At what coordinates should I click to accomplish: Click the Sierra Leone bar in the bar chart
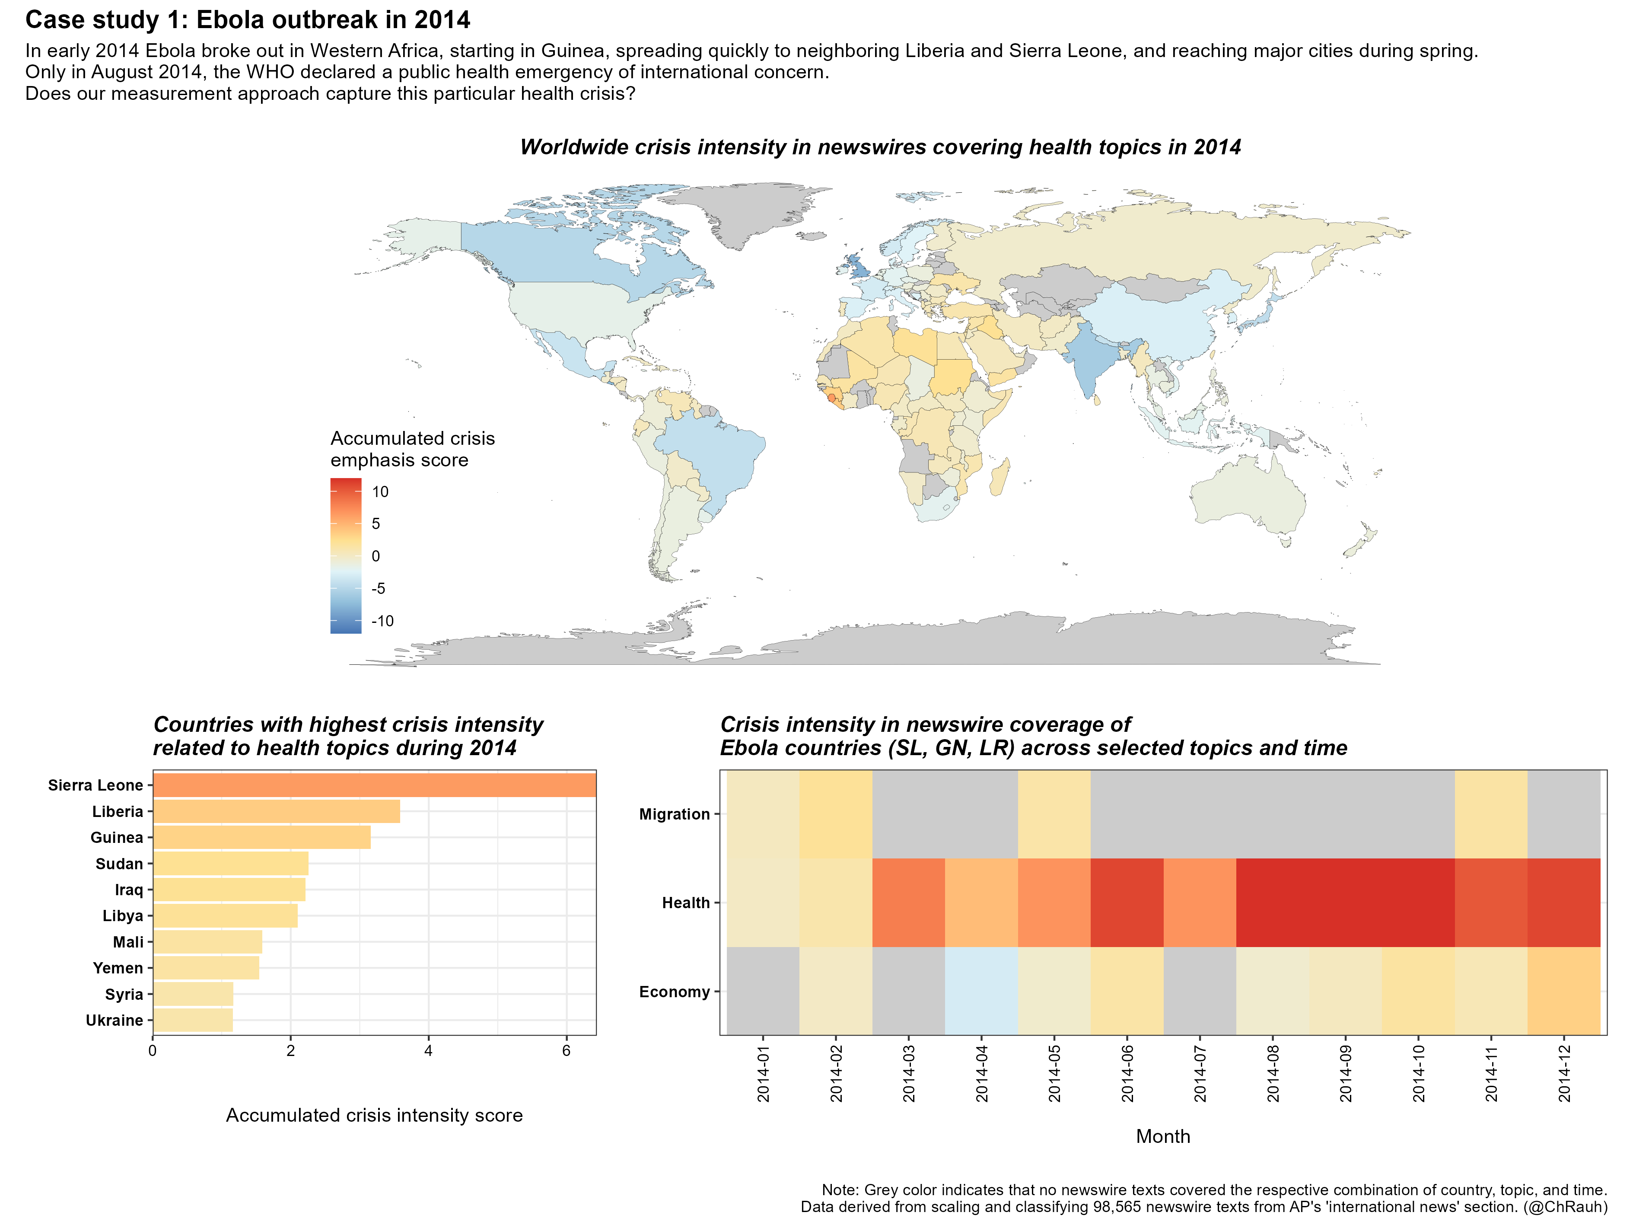pyautogui.click(x=374, y=785)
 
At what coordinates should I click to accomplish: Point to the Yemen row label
pyautogui.click(x=118, y=968)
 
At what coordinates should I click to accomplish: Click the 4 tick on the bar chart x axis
pyautogui.click(x=428, y=1051)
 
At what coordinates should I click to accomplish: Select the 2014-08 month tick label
pyautogui.click(x=1273, y=1075)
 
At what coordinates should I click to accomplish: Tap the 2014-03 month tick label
pyautogui.click(x=909, y=1075)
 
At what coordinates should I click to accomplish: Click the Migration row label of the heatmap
pyautogui.click(x=674, y=814)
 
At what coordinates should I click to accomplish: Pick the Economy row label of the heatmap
pyautogui.click(x=674, y=992)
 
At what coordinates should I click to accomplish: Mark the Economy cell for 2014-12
pyautogui.click(x=1563, y=991)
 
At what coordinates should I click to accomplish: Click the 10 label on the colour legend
pyautogui.click(x=380, y=492)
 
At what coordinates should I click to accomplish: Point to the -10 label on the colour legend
pyautogui.click(x=382, y=621)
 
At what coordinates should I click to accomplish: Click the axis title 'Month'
pyautogui.click(x=1163, y=1136)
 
